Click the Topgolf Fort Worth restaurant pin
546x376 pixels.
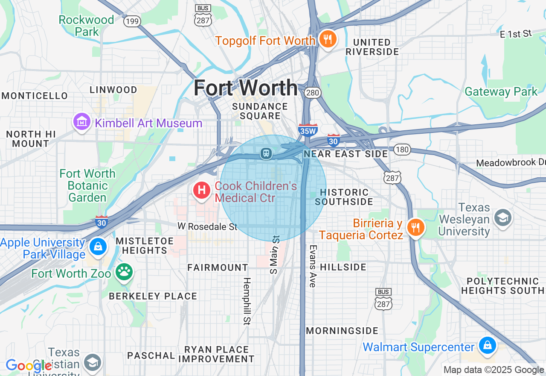tap(328, 40)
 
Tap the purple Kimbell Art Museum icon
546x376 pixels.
tap(81, 123)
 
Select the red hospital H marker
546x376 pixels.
tap(202, 190)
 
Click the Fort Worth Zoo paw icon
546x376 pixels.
tap(124, 271)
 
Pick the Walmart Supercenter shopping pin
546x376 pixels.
tap(487, 345)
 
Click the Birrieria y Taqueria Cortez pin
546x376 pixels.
tap(415, 227)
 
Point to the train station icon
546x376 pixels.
tap(267, 153)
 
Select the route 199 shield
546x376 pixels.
tap(132, 21)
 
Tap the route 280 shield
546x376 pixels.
tap(312, 93)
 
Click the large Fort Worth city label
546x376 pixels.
tap(246, 88)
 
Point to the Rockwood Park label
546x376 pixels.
tap(86, 26)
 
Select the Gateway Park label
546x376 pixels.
tap(501, 91)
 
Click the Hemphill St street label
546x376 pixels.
tap(247, 301)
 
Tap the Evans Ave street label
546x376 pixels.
tap(313, 266)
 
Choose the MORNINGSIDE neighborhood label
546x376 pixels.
tap(342, 331)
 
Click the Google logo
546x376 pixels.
tap(28, 366)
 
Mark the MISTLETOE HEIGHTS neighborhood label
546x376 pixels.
tap(144, 245)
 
